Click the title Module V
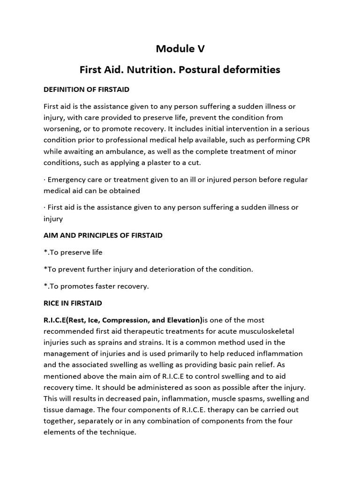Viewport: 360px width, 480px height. tap(180, 49)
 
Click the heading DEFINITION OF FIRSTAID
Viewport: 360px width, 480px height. tap(86, 89)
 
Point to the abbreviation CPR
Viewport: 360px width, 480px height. tap(298, 140)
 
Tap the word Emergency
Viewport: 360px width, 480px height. tap(68, 180)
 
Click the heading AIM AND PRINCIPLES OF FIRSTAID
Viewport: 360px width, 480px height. tap(103, 235)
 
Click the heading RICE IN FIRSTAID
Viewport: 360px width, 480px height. tap(73, 303)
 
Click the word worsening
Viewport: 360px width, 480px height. tap(63, 129)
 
